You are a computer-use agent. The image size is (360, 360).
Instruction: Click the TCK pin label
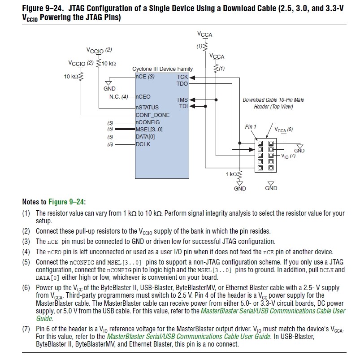click(x=182, y=77)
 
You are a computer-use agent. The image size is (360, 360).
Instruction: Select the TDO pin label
click(x=182, y=84)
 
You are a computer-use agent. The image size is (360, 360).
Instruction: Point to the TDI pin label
click(x=183, y=106)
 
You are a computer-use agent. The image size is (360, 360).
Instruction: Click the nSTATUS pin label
click(x=147, y=108)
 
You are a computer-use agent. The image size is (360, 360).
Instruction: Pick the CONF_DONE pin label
click(x=153, y=115)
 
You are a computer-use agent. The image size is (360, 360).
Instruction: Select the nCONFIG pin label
click(x=147, y=122)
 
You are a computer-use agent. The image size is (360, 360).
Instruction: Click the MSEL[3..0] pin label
click(x=149, y=130)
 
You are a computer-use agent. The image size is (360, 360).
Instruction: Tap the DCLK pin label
click(x=143, y=144)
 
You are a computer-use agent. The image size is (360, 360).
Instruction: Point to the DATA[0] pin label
click(x=145, y=137)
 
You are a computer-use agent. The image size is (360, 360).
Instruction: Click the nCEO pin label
click(x=143, y=96)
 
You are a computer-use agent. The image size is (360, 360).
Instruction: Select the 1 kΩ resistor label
click(x=230, y=174)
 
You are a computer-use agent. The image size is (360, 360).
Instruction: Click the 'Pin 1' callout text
click(x=251, y=127)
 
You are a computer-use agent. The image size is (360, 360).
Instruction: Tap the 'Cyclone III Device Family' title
click(x=162, y=69)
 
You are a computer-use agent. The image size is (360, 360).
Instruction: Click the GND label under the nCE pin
click(x=109, y=89)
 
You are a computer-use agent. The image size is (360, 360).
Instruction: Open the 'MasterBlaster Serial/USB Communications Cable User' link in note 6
click(x=273, y=311)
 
